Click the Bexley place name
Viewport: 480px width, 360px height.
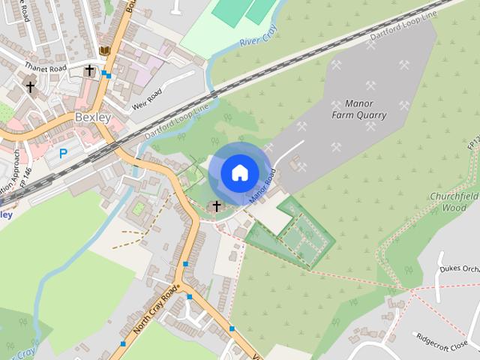click(92, 118)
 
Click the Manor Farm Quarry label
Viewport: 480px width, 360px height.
click(358, 109)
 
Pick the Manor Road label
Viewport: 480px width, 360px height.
click(263, 187)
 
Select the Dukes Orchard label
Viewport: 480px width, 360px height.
click(459, 269)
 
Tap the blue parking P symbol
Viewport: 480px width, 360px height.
click(63, 153)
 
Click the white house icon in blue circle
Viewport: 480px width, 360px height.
click(239, 172)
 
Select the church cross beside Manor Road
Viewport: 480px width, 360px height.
click(217, 205)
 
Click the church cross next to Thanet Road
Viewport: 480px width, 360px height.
click(89, 70)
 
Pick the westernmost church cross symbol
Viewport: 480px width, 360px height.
click(31, 87)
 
